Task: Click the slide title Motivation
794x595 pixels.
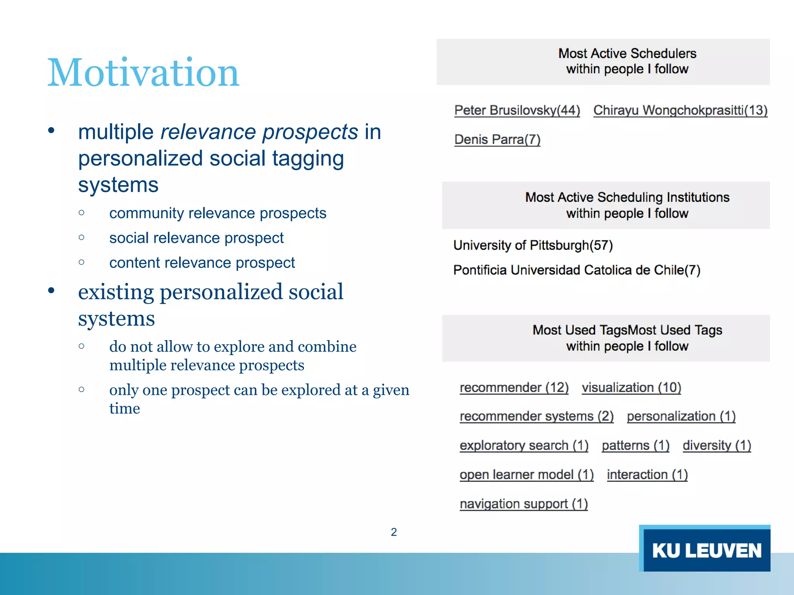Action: point(143,72)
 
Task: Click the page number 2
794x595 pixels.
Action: point(394,532)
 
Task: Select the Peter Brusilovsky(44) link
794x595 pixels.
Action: point(517,110)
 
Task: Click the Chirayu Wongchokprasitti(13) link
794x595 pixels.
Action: point(680,110)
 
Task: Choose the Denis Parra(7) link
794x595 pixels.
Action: point(497,139)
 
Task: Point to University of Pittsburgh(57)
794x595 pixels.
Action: point(533,245)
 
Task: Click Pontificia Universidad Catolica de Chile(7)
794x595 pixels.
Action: point(577,270)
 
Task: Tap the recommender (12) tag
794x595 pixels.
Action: point(514,387)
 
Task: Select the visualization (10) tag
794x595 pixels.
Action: point(631,387)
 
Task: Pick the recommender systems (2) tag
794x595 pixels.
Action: point(536,416)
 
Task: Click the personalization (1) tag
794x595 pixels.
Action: point(681,416)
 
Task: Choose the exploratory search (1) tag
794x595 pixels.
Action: point(524,445)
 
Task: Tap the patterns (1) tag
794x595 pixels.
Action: point(635,445)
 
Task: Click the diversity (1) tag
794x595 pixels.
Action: point(716,445)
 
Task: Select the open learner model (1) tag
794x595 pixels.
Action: point(526,475)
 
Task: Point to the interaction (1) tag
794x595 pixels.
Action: point(647,475)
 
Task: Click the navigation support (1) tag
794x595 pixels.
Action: point(523,504)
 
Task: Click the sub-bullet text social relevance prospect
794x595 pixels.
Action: point(196,238)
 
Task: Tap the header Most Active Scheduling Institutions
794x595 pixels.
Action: point(627,198)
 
